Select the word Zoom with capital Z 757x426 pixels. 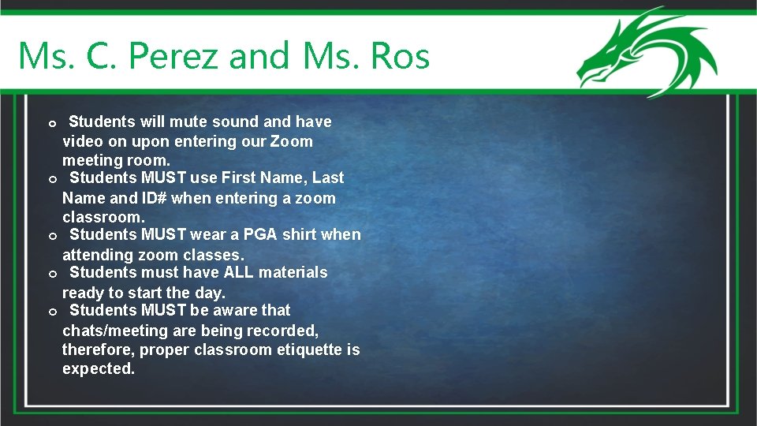(x=291, y=142)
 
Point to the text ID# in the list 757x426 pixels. (x=153, y=198)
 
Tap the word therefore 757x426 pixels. (x=98, y=349)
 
